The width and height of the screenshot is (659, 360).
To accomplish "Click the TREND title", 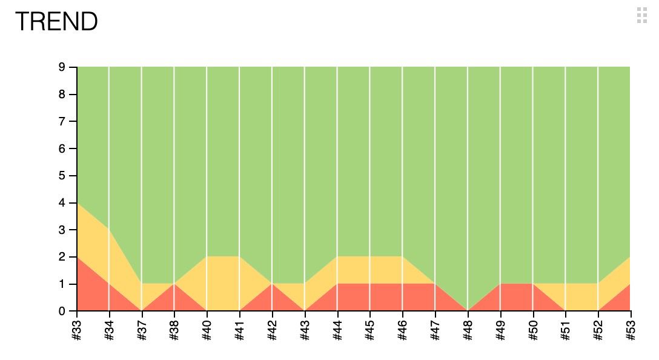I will pyautogui.click(x=56, y=22).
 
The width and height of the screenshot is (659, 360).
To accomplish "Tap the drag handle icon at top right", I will pyautogui.click(x=642, y=16).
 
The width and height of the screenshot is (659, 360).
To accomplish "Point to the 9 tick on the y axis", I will pyautogui.click(x=62, y=67).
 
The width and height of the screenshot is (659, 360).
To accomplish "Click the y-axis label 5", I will pyautogui.click(x=62, y=176).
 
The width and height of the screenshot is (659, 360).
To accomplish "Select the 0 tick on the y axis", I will pyautogui.click(x=62, y=312).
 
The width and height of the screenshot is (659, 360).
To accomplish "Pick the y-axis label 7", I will pyautogui.click(x=62, y=121).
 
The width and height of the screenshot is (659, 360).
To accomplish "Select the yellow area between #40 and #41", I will pyautogui.click(x=223, y=285).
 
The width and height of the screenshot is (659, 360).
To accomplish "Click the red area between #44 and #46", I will pyautogui.click(x=370, y=298).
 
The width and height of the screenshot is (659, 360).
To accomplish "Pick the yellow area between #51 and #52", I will pyautogui.click(x=581, y=298).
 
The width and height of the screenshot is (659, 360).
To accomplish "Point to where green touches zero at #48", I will pyautogui.click(x=468, y=308).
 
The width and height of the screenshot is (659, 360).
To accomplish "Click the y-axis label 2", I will pyautogui.click(x=62, y=257).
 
